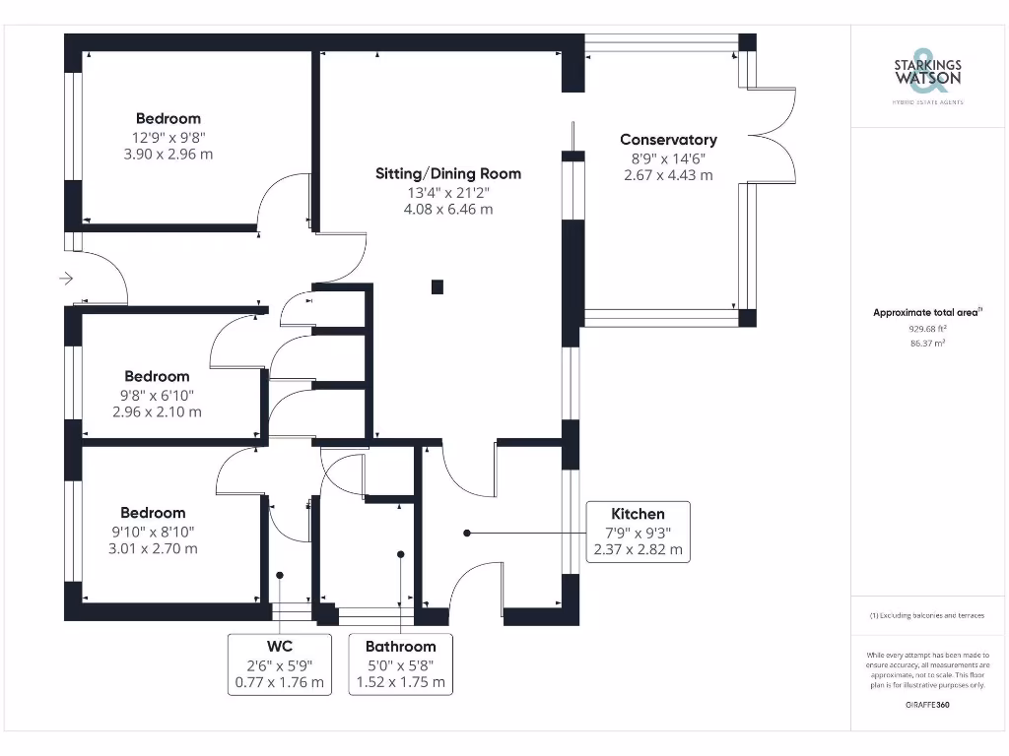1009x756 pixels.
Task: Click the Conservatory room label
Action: pos(668,140)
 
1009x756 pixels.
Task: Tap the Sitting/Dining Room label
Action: pos(448,173)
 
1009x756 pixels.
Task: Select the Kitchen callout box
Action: pos(638,532)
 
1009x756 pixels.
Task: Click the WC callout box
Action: pos(280,663)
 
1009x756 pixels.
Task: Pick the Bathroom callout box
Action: pos(400,663)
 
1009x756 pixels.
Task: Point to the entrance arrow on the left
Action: pos(66,279)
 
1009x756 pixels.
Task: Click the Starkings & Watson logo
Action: pos(927,74)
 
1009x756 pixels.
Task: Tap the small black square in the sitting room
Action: pos(437,287)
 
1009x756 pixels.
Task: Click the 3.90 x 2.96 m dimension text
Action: pos(168,155)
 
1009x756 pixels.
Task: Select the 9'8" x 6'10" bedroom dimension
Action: pos(158,394)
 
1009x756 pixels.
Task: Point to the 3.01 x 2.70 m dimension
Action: pos(153,548)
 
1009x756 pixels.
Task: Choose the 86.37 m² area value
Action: pos(927,344)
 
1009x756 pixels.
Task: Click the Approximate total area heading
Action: pos(926,312)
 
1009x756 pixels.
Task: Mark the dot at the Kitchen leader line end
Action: pos(467,533)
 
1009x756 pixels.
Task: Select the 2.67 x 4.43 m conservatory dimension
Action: pos(668,175)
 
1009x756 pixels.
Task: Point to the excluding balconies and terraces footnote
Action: pos(926,615)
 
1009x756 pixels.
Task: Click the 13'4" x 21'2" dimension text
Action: pos(448,192)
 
